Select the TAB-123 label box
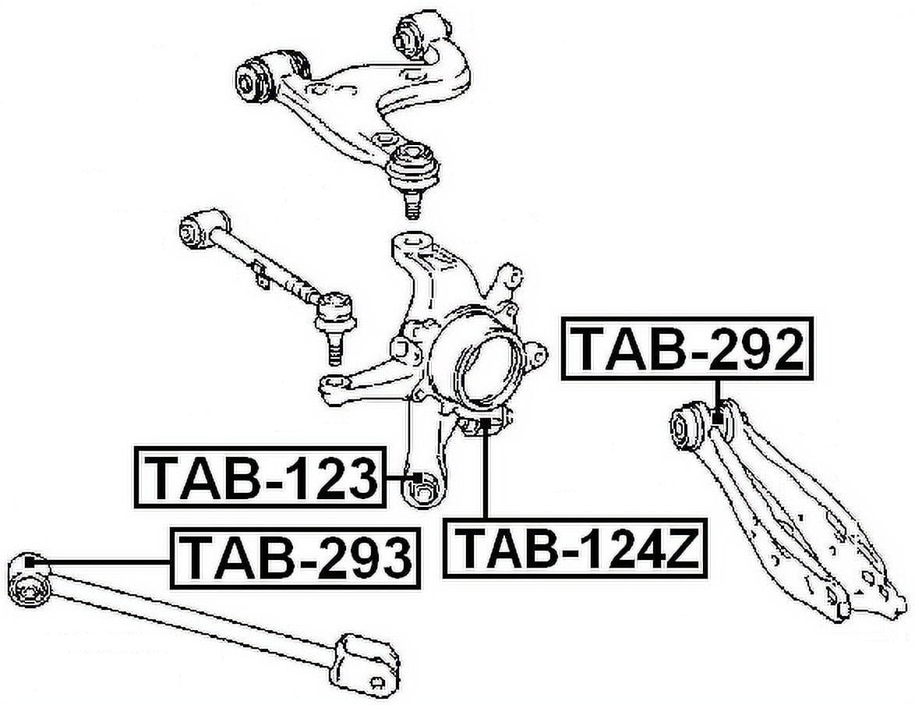[x=260, y=477]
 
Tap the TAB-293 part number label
[x=295, y=558]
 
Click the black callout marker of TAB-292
[x=718, y=418]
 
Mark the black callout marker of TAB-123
[x=417, y=478]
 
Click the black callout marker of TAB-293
[x=31, y=562]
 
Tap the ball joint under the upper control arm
[x=412, y=175]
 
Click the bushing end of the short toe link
[x=196, y=229]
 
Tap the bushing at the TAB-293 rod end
[x=28, y=586]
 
